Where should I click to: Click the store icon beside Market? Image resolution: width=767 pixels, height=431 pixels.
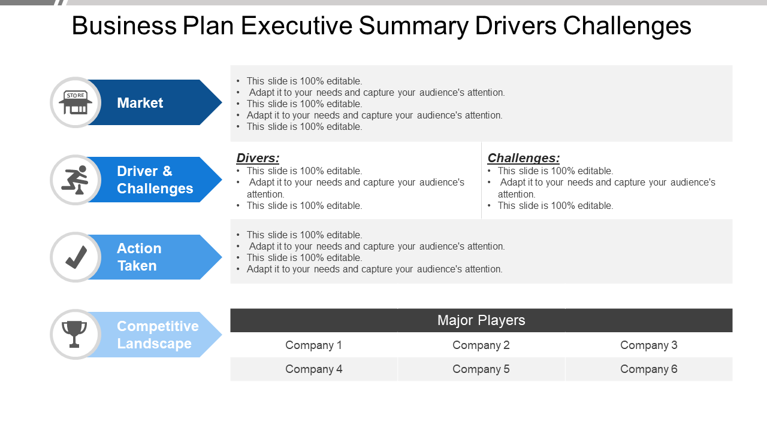[x=76, y=102]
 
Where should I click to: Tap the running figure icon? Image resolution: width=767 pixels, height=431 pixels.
[x=75, y=180]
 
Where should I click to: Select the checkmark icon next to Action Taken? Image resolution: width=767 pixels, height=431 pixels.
[x=76, y=257]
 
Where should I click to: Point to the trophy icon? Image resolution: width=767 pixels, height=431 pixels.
[x=74, y=334]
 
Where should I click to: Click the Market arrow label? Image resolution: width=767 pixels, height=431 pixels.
[x=140, y=102]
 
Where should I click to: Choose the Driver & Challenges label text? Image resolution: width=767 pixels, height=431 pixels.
[x=155, y=180]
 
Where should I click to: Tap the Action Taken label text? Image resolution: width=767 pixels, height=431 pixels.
[x=139, y=257]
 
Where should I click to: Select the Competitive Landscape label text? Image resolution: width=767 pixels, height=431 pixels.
[x=158, y=335]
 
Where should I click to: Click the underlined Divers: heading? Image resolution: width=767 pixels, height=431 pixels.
[x=258, y=158]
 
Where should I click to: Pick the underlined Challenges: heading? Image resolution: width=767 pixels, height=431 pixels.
[x=524, y=158]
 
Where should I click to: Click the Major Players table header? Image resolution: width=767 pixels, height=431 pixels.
[x=481, y=320]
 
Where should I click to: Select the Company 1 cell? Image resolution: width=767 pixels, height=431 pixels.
[x=313, y=345]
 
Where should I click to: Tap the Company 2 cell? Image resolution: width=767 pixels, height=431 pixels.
[x=481, y=345]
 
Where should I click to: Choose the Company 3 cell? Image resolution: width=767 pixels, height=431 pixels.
[x=649, y=345]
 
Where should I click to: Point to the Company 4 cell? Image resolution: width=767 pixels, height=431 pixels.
[x=313, y=369]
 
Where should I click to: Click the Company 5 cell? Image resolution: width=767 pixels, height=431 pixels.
[x=481, y=369]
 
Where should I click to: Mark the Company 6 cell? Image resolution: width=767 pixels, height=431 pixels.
[x=649, y=369]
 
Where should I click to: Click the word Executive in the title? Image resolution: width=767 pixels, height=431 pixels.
[x=297, y=26]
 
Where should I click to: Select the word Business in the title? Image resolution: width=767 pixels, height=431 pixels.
[x=124, y=26]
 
